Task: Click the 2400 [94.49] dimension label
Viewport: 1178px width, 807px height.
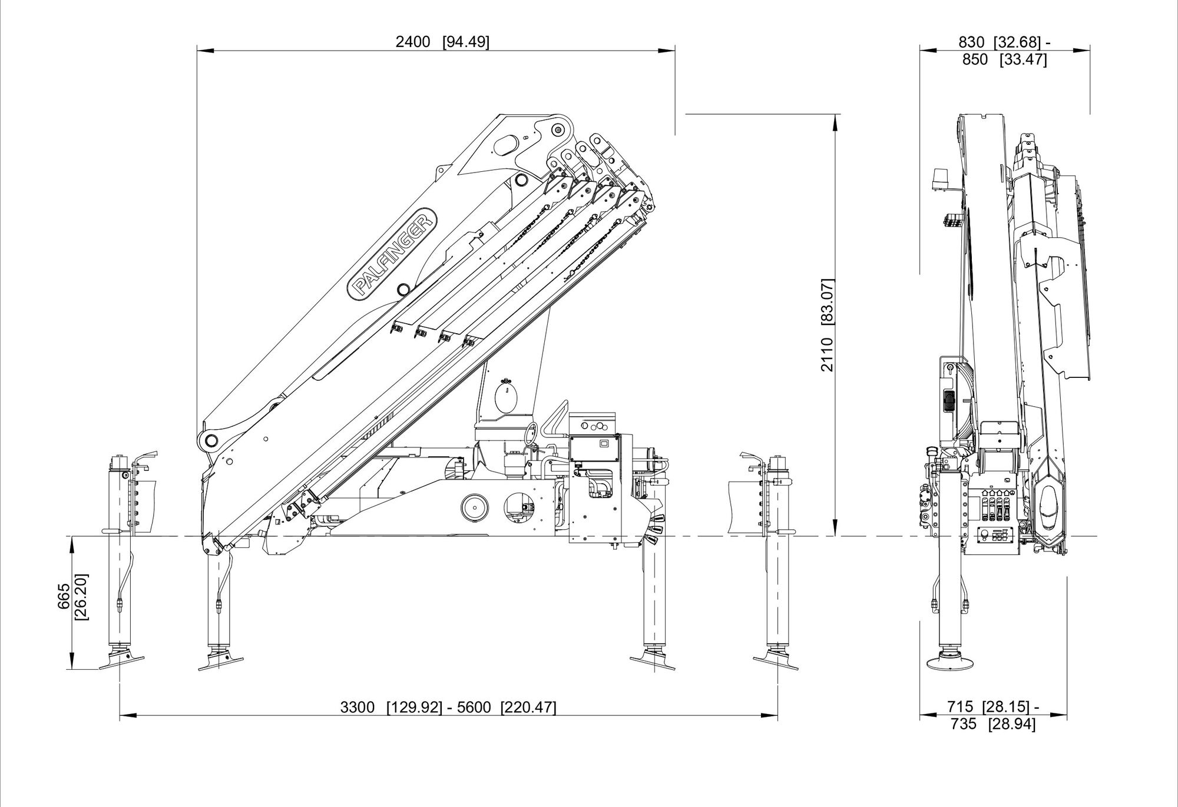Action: tap(442, 42)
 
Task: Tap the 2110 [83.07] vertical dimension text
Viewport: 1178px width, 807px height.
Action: tap(828, 324)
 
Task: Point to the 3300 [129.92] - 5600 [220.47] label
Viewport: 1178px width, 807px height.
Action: tap(448, 707)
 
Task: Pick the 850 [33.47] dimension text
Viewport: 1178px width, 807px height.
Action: tap(1004, 60)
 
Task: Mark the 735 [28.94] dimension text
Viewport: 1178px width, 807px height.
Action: tap(993, 724)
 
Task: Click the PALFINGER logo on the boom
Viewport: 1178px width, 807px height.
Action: tap(393, 253)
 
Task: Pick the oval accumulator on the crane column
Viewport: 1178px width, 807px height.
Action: tap(506, 398)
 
